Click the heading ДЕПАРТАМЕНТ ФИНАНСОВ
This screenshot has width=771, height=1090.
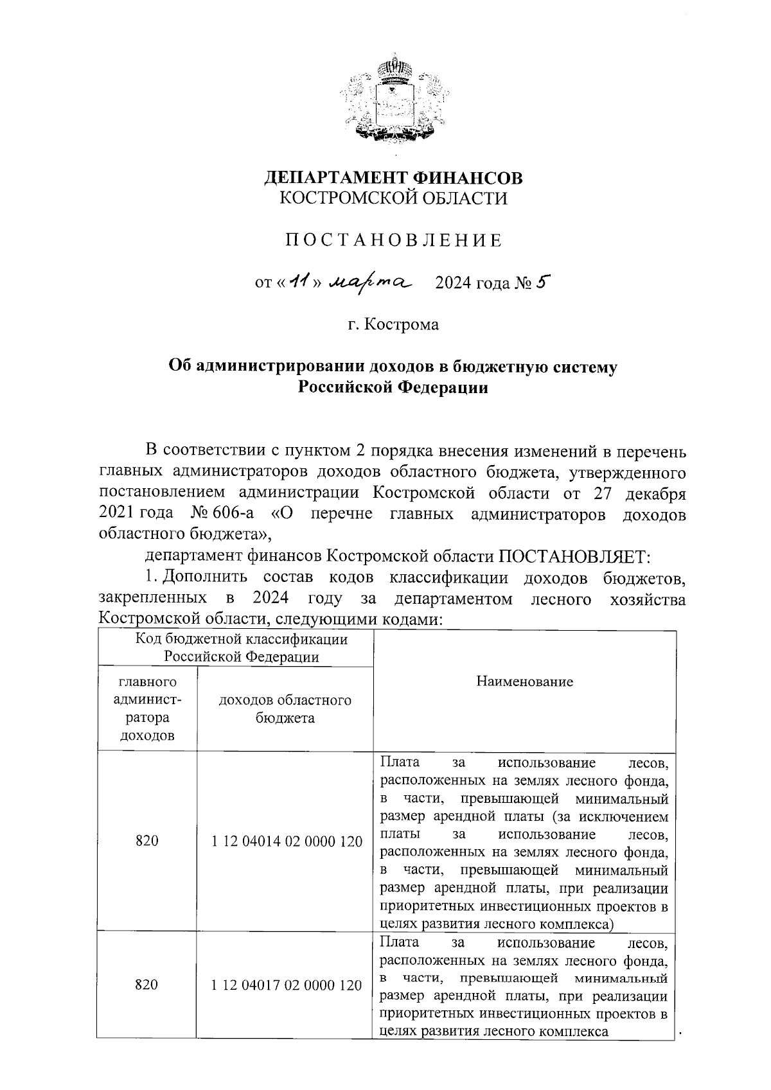click(393, 177)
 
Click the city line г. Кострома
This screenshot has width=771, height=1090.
click(393, 325)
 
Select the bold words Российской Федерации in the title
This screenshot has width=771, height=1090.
click(393, 388)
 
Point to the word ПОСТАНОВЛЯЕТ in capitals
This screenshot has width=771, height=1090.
click(574, 556)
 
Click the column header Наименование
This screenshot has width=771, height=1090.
click(524, 681)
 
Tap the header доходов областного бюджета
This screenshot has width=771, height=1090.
click(285, 709)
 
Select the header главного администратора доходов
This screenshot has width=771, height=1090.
click(147, 708)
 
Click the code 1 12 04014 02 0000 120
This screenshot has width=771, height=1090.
click(287, 842)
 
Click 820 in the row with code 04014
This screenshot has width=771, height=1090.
click(147, 842)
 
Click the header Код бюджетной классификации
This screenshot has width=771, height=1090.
click(242, 639)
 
